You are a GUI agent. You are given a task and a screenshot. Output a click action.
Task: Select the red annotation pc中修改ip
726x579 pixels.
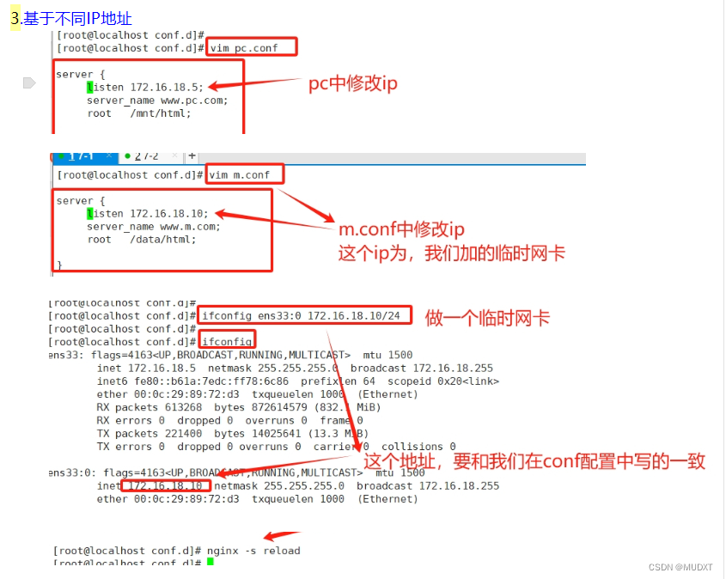(x=353, y=84)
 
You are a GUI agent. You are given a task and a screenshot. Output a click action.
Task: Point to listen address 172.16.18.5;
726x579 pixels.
(x=168, y=87)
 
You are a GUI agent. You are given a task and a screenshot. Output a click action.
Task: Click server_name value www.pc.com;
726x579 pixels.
(x=194, y=100)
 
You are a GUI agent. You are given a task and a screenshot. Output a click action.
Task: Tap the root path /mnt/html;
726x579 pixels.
(x=161, y=113)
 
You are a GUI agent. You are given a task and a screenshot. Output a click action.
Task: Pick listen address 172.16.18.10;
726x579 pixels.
(x=169, y=213)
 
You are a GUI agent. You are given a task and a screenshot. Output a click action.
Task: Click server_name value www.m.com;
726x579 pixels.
(x=190, y=227)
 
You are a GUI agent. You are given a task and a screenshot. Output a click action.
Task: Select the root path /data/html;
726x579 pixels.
(x=163, y=240)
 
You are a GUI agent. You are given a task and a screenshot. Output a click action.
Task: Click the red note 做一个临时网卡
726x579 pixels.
(x=487, y=319)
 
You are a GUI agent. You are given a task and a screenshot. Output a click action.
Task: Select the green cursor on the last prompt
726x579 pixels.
(x=210, y=563)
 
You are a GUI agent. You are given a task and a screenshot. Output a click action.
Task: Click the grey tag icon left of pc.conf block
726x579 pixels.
(x=28, y=82)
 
